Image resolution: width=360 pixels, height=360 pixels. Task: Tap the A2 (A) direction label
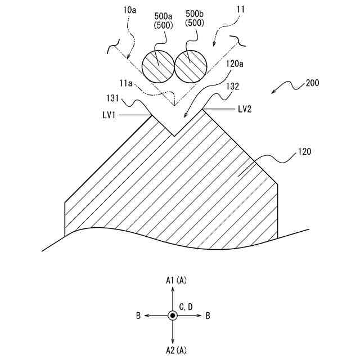tap(176, 351)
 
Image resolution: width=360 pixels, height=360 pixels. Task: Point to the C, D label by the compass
tap(186, 307)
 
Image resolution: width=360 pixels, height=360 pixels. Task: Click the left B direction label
tap(138, 316)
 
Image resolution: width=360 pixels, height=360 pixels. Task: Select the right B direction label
tap(208, 316)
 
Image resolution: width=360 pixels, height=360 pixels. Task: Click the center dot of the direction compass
tap(173, 316)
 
